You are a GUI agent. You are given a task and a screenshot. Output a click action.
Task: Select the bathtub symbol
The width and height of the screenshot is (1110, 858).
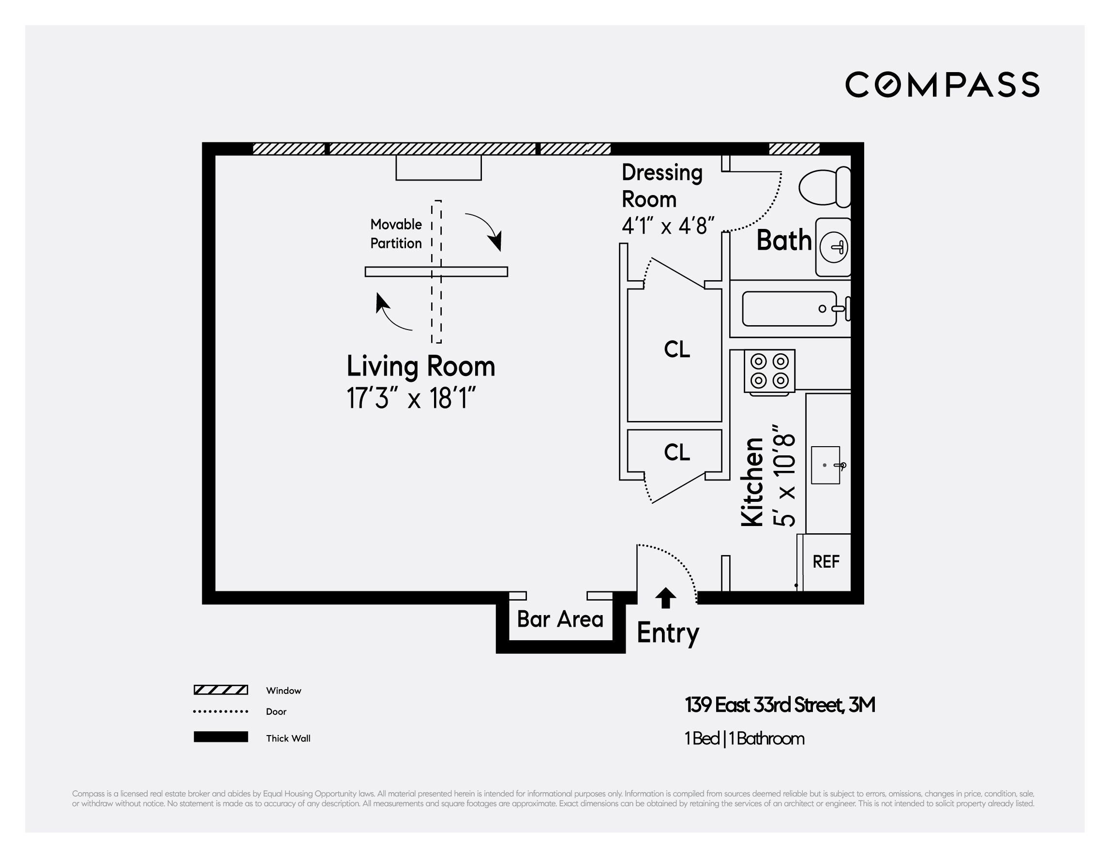[x=789, y=309]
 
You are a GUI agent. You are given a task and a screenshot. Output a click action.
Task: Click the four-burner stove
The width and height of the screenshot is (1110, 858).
[x=769, y=371]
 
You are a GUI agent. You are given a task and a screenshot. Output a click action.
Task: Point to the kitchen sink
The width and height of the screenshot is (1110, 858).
[x=825, y=465]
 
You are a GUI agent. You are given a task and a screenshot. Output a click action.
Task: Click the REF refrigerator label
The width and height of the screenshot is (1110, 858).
[x=826, y=562]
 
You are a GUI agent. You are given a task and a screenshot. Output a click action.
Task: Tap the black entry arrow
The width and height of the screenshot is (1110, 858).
[x=665, y=598]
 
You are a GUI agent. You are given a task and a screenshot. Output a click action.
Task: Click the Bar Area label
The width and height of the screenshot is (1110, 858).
[x=560, y=619]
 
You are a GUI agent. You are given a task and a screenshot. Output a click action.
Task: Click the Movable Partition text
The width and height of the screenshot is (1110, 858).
[x=396, y=234]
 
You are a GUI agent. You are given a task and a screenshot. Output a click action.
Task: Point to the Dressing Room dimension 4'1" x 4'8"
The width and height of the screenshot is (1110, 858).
[x=668, y=225]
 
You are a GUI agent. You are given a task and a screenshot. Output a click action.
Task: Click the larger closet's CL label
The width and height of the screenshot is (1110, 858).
[x=677, y=350]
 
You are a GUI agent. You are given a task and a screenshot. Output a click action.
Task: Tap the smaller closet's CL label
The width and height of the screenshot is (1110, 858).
[x=677, y=452]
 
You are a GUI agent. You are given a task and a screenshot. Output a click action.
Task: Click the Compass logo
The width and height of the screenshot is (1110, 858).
[x=942, y=84]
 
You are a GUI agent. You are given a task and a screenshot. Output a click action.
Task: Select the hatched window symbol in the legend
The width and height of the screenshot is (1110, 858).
[x=221, y=690]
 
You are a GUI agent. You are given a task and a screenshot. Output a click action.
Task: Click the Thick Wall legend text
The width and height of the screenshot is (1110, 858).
[x=288, y=738]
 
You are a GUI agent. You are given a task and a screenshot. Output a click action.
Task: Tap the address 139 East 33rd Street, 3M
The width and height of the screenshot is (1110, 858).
[x=780, y=705]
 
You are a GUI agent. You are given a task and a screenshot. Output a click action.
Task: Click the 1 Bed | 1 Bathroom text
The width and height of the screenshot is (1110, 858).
[x=744, y=738]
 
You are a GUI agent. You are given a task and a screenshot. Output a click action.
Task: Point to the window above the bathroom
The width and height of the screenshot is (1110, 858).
[x=794, y=149]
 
